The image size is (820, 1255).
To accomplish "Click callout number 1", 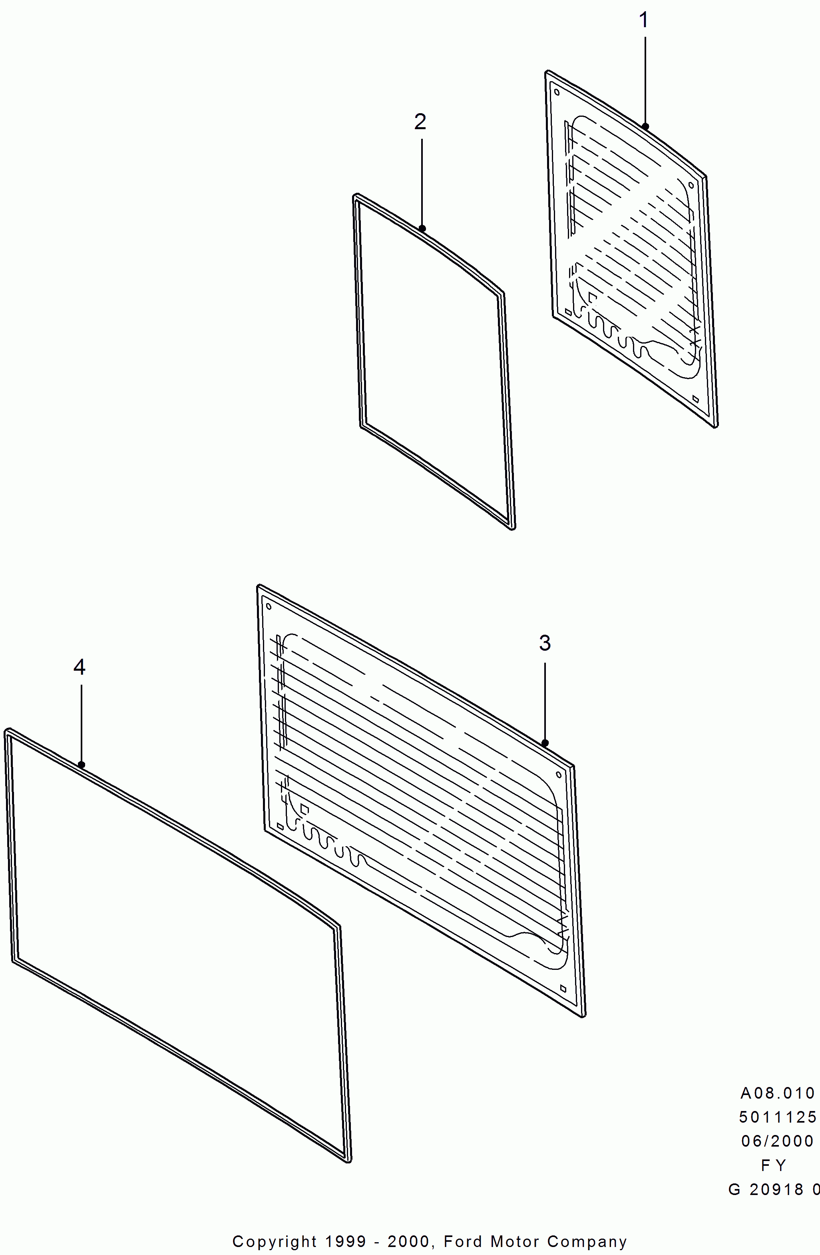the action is pos(643,20).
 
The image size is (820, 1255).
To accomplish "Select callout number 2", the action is pos(420,122).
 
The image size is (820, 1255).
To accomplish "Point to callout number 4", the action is pos(79,667).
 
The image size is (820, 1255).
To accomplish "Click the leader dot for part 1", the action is pos(645,126).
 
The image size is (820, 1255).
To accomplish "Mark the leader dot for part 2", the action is pos(422,228).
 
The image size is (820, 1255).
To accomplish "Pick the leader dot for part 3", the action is pos(545,743).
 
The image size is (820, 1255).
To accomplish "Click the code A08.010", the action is pos(778,1093).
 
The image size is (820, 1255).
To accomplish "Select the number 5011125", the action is pos(778,1117).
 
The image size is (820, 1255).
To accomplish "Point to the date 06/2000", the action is pos(778,1141).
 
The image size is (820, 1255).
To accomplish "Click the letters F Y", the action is pos(774,1165).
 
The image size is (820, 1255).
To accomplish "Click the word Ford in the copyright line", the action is pos(463,1241).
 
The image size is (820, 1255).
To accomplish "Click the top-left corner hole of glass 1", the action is pos(557,92).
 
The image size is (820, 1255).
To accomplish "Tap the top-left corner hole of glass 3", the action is pos(269,606).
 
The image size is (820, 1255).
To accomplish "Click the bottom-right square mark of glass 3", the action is pos(563,988).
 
